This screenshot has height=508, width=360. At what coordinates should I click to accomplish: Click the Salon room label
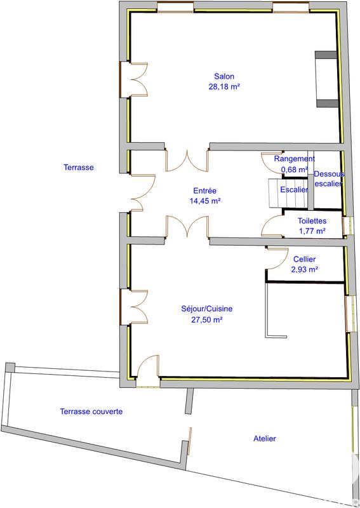tap(223, 76)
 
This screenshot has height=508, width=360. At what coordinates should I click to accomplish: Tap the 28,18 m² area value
tap(223, 87)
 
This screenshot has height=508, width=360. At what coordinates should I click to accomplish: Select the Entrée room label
tap(204, 190)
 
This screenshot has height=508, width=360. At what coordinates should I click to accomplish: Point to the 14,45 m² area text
tap(204, 201)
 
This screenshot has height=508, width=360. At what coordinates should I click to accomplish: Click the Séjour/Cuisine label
tap(206, 309)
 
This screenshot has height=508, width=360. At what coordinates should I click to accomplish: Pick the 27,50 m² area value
tap(206, 320)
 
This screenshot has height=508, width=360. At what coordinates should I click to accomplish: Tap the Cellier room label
tap(304, 259)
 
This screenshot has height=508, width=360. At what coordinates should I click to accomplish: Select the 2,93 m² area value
tap(304, 269)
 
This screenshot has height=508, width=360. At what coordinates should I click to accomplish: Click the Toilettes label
tap(312, 220)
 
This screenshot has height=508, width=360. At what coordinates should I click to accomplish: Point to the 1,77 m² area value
tap(312, 231)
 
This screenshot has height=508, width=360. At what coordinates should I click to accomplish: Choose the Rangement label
tap(294, 159)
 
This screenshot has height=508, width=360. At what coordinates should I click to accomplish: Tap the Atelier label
tap(264, 438)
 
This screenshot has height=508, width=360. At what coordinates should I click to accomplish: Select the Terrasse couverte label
tap(91, 411)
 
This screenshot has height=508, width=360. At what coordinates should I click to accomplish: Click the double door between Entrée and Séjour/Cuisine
tap(187, 227)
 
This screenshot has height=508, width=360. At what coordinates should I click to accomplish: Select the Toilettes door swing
tap(272, 226)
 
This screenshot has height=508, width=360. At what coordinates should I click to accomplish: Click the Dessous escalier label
tap(329, 178)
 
